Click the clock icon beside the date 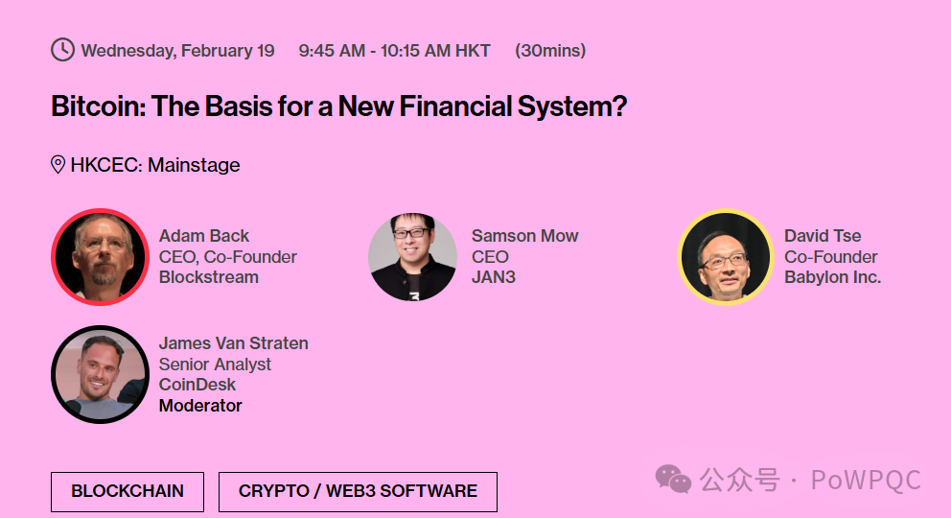tap(62, 50)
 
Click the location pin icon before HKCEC tap(58, 164)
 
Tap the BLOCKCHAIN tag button tap(128, 491)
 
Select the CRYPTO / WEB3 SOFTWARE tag tap(358, 491)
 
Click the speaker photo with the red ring tap(100, 256)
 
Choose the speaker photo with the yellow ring tap(726, 256)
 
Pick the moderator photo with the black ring tap(100, 374)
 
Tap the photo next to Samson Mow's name tap(412, 256)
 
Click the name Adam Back tap(204, 235)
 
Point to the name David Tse tap(823, 235)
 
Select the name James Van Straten tap(234, 343)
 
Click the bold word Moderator tap(200, 405)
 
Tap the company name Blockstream tap(209, 277)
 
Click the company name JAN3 tap(494, 277)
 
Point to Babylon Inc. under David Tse tap(833, 277)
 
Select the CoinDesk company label tap(197, 385)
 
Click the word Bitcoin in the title tap(98, 106)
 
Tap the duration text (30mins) tap(550, 50)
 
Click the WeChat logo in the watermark tap(673, 480)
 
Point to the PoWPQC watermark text tap(866, 481)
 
